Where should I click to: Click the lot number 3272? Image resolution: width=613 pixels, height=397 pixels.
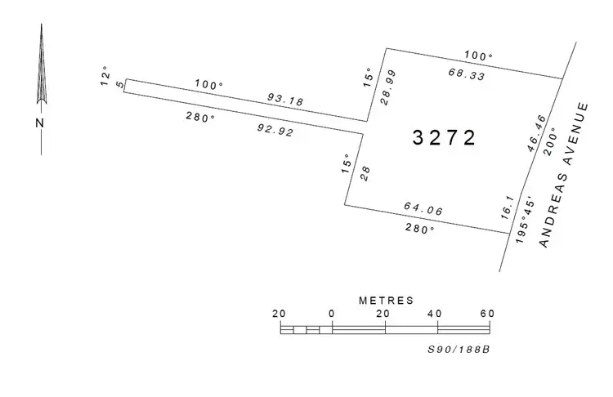click(x=444, y=138)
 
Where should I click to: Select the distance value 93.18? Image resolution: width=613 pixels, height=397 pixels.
click(x=285, y=100)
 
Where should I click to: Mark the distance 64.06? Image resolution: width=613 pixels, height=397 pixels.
click(x=423, y=211)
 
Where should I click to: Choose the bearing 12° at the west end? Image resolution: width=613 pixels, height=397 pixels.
click(x=104, y=78)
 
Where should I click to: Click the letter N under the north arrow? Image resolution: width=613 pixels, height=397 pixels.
click(x=39, y=123)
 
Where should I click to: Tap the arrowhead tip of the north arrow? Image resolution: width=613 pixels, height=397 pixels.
click(x=41, y=25)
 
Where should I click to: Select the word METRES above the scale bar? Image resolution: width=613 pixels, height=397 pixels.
click(x=386, y=301)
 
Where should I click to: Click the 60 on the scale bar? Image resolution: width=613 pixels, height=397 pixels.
click(x=488, y=314)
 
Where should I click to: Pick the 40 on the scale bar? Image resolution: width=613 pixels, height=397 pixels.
click(x=436, y=314)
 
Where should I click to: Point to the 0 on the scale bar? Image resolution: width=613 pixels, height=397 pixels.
click(x=332, y=314)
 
